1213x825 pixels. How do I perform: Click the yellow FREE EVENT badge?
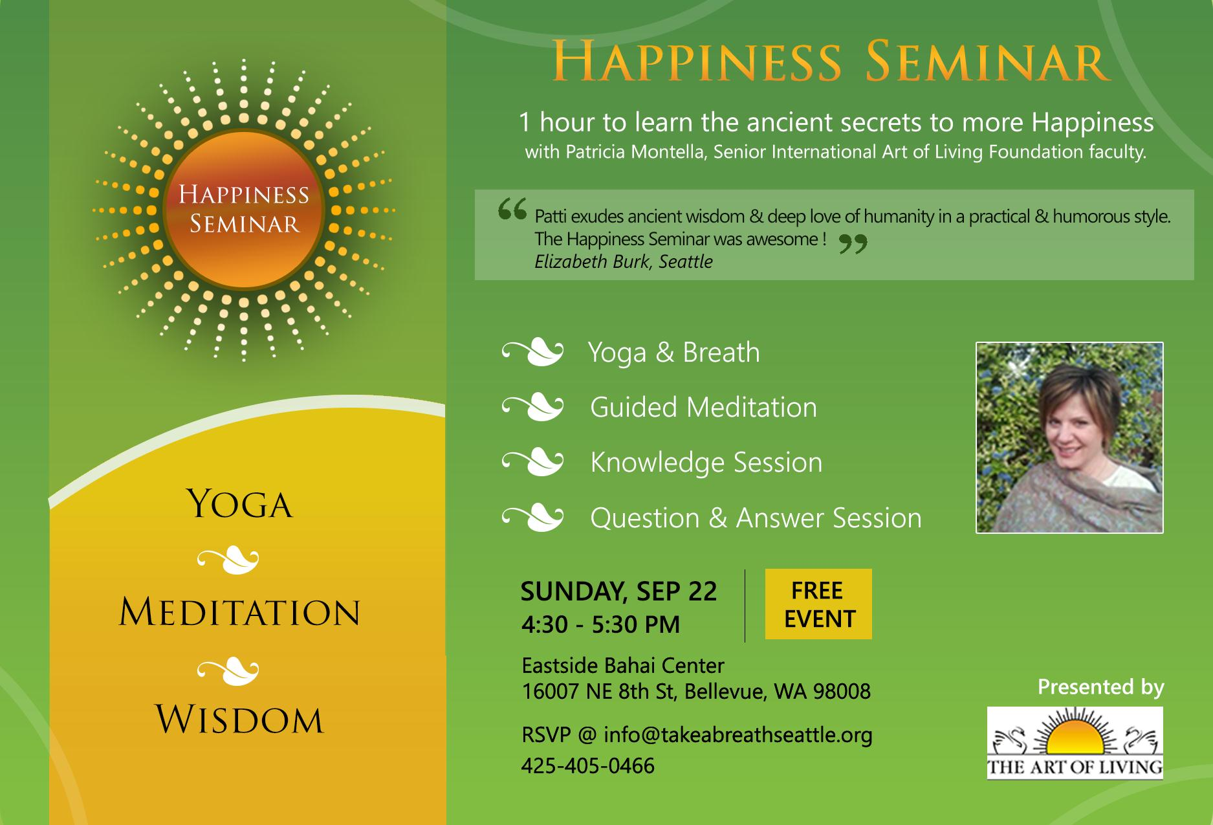pyautogui.click(x=818, y=604)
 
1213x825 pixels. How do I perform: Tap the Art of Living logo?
pyautogui.click(x=1075, y=743)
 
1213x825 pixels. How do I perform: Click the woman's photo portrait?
pyautogui.click(x=1069, y=437)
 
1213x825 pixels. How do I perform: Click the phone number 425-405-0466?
pyautogui.click(x=588, y=766)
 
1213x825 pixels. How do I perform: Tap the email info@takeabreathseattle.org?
pyautogui.click(x=738, y=735)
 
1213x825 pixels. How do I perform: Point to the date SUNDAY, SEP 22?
pyautogui.click(x=619, y=591)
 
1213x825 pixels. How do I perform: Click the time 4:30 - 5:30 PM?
pyautogui.click(x=601, y=624)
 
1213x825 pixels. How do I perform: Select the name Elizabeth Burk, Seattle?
pyautogui.click(x=624, y=261)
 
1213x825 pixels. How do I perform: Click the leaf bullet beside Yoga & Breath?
pyautogui.click(x=532, y=353)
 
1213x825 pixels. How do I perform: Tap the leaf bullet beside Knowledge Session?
pyautogui.click(x=532, y=463)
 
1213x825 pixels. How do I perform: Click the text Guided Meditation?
pyautogui.click(x=704, y=408)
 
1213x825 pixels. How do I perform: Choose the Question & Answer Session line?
pyautogui.click(x=756, y=518)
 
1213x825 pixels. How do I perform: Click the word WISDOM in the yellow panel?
pyautogui.click(x=240, y=720)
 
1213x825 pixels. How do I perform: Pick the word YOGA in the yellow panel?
pyautogui.click(x=240, y=505)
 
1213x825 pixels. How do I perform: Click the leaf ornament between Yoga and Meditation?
pyautogui.click(x=228, y=560)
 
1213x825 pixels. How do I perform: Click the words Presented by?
pyautogui.click(x=1101, y=687)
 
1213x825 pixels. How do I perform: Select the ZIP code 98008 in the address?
pyautogui.click(x=842, y=692)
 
